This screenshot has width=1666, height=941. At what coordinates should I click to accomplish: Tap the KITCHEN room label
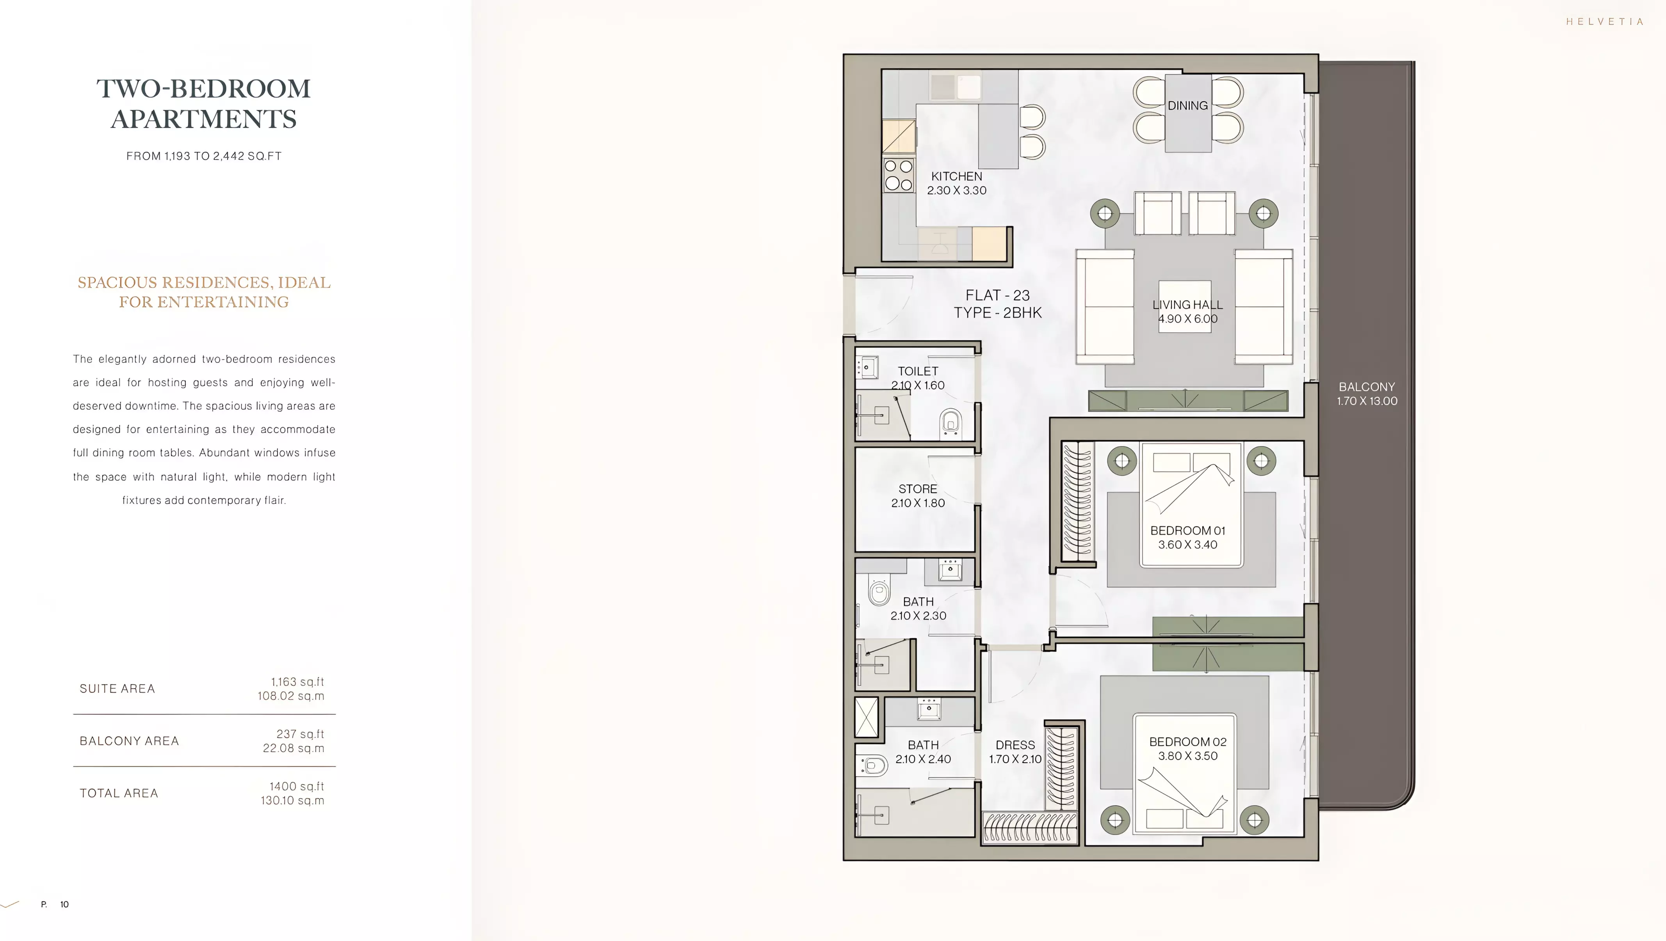point(956,176)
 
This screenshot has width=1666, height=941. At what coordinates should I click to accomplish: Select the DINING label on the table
point(1187,105)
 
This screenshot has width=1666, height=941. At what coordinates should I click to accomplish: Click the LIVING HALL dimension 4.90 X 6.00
point(1187,319)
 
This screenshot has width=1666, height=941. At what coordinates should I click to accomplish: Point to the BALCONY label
point(1367,387)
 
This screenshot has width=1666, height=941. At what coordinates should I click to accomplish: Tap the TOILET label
point(918,371)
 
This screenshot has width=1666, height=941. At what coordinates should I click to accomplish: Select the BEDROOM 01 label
point(1187,531)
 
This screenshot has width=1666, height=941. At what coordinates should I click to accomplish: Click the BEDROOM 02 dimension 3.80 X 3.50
point(1187,756)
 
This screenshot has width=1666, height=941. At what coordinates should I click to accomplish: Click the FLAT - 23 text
point(997,295)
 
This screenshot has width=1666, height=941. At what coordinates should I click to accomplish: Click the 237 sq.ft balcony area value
point(300,734)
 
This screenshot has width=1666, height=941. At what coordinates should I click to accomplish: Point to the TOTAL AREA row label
point(119,793)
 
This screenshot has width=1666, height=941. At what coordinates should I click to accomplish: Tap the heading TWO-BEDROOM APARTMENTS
point(204,103)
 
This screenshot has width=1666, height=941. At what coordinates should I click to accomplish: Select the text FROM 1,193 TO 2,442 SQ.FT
point(204,156)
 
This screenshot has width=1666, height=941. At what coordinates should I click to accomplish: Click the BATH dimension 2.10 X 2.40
point(923,759)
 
